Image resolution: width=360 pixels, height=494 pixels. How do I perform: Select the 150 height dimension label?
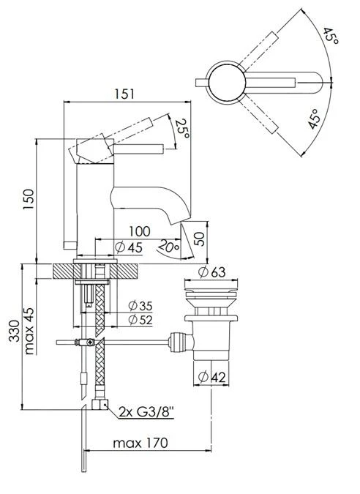tap(27, 198)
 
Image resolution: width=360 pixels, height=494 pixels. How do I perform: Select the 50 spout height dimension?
tap(198, 239)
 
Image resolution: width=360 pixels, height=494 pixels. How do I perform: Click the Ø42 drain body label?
tap(212, 378)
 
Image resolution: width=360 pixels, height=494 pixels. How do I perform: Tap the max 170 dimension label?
tap(141, 443)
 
